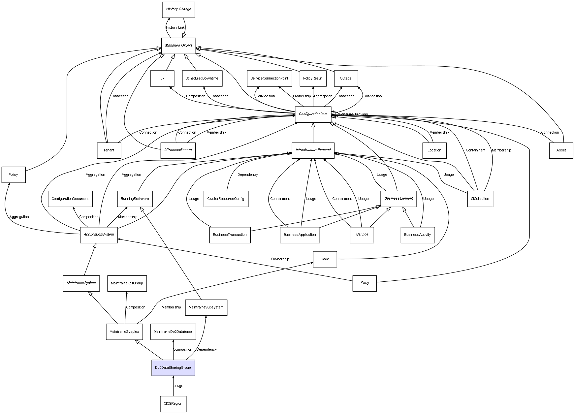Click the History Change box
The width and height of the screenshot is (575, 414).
point(178,10)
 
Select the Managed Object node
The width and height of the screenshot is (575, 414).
point(178,46)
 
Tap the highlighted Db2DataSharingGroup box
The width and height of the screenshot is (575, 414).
point(173,367)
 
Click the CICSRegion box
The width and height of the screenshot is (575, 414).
point(173,403)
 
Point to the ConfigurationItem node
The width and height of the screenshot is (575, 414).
point(313,114)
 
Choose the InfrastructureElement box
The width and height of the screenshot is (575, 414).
point(313,150)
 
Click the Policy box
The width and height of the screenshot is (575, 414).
point(14,175)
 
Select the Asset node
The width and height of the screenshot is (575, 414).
point(561,150)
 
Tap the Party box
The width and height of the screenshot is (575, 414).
point(365,283)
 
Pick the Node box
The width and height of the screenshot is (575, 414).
point(325,259)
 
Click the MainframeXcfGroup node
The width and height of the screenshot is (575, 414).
point(127,283)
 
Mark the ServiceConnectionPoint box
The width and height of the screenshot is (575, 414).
point(269,78)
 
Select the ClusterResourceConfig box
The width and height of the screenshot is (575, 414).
point(226,199)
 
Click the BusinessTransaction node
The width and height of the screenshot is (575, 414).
point(230,235)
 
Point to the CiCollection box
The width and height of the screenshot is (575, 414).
point(480,199)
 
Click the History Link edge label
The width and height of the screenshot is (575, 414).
point(175,28)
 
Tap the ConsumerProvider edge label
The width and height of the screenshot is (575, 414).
point(353,114)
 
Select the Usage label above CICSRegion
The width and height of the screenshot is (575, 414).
point(178,386)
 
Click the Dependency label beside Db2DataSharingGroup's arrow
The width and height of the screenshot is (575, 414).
point(207,349)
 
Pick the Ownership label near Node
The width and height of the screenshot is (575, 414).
point(280,259)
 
